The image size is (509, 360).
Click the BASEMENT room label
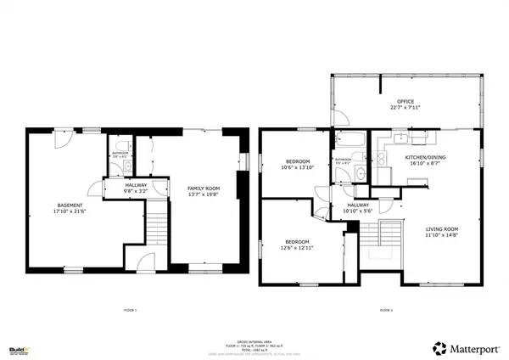(x=70, y=205)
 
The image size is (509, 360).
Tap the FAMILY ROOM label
(x=204, y=188)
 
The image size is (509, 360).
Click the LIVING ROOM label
(x=441, y=228)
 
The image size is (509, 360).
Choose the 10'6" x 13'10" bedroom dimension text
(x=297, y=168)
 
